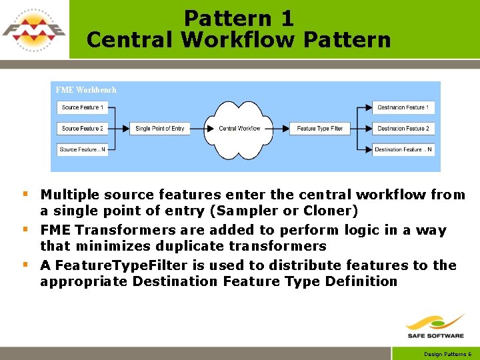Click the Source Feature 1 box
(x=82, y=107)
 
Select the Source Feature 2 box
(x=82, y=128)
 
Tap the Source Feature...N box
(x=82, y=149)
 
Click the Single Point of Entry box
(x=159, y=128)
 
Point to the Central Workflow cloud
(x=239, y=127)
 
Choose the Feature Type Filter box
(x=320, y=128)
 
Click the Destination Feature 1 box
(x=403, y=107)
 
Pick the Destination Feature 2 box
(x=403, y=128)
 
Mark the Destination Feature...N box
(x=403, y=149)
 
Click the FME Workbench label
(x=85, y=90)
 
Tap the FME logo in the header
(x=34, y=29)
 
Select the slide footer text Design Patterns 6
(x=448, y=354)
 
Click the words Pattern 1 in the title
(x=239, y=18)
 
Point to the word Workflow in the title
(x=238, y=40)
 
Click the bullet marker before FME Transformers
(x=25, y=229)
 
